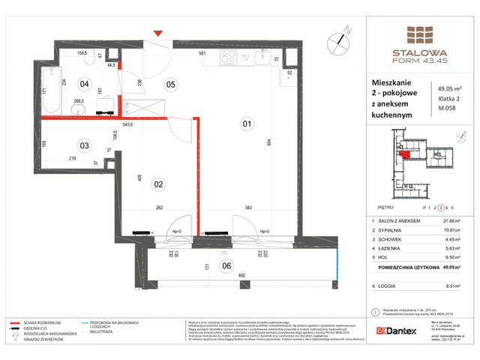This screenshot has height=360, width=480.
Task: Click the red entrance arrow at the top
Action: click(157, 33)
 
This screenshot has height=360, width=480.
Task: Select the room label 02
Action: click(158, 183)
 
